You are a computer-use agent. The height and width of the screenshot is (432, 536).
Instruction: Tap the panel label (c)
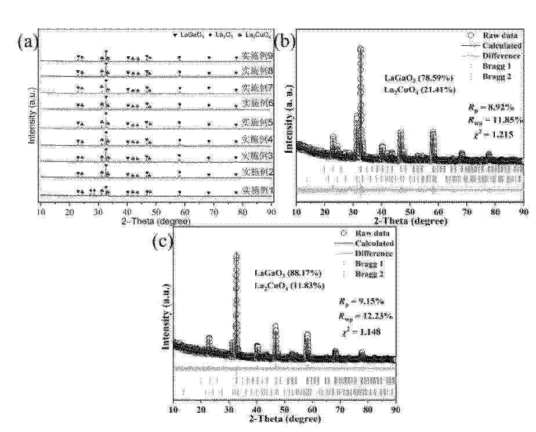[162, 242]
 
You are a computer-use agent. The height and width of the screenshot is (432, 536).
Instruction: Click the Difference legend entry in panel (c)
[373, 253]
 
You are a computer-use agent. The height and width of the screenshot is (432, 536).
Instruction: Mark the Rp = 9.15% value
[359, 302]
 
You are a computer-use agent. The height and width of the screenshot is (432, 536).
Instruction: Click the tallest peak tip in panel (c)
[236, 254]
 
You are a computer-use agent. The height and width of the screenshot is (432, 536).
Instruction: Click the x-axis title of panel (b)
[410, 221]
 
